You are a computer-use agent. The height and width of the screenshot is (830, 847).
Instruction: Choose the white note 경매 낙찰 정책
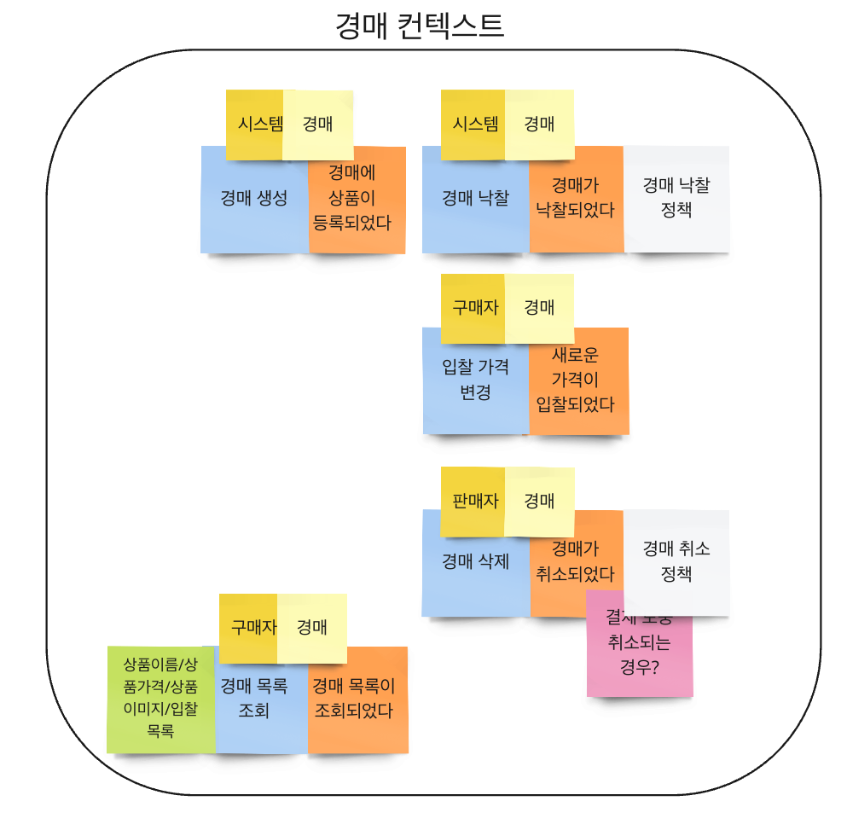pos(676,198)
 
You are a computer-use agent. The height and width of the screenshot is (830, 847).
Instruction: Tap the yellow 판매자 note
pos(473,501)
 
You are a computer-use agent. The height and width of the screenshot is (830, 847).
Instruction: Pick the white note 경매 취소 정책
pos(676,561)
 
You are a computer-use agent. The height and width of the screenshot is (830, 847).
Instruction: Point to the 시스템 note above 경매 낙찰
pos(473,125)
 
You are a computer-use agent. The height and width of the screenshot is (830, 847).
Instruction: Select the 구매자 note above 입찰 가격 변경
pos(473,307)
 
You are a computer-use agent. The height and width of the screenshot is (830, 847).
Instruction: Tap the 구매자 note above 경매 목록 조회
pos(249,628)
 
